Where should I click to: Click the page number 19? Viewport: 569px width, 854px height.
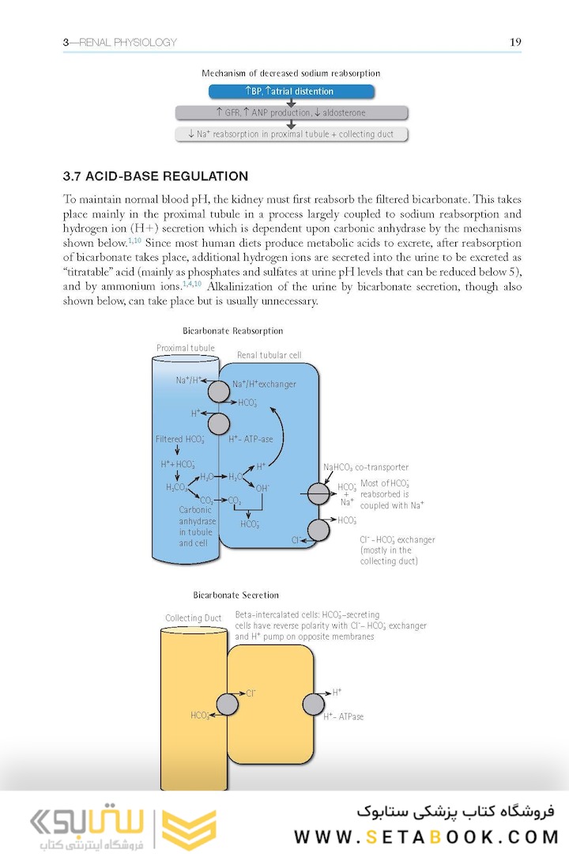[515, 42]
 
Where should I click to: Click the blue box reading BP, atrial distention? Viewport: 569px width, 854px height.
[290, 92]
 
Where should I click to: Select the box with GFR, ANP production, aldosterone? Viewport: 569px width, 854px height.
[290, 113]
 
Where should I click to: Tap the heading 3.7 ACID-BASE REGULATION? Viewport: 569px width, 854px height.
[156, 176]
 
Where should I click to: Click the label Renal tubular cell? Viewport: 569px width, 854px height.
[269, 355]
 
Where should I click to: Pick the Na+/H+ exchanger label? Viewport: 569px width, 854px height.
[264, 384]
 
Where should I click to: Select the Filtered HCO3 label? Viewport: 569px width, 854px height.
[180, 439]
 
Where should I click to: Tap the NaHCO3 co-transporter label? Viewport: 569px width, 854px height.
[366, 467]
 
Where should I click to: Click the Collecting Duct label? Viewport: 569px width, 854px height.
[193, 618]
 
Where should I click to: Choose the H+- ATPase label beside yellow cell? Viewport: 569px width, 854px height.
[344, 717]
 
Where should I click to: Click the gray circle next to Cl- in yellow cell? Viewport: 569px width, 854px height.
[228, 703]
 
